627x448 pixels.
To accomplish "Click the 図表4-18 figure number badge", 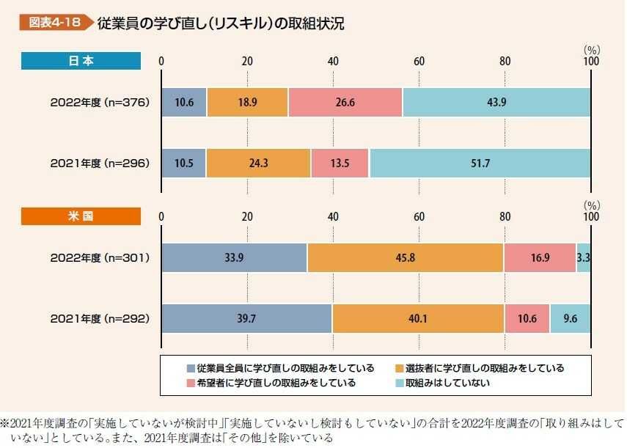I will tap(53, 23).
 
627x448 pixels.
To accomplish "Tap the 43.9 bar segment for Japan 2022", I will tap(496, 103).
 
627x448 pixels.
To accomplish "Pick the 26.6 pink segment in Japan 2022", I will tap(345, 103).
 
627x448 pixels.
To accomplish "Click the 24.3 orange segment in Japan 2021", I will tap(258, 163).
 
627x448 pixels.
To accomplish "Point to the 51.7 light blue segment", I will tap(480, 163).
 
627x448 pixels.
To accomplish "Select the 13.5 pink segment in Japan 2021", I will tap(340, 163).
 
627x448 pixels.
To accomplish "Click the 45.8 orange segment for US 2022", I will tap(405, 257).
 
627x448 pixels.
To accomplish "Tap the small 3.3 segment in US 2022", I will tap(584, 257).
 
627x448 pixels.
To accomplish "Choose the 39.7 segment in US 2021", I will tap(246, 318).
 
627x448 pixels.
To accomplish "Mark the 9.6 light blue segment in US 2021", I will tap(570, 318).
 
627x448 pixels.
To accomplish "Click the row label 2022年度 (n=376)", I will tap(100, 103).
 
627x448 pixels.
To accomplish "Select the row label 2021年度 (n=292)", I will tap(100, 318).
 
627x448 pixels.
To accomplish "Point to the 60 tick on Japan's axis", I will tap(419, 62).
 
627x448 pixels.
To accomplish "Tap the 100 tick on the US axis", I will tap(590, 218).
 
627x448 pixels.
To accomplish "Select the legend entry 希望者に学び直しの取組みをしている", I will tap(276, 383).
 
